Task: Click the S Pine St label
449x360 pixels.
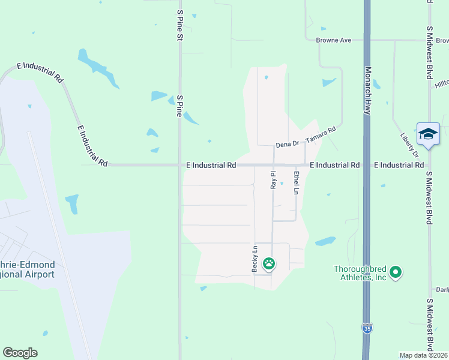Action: [x=179, y=25]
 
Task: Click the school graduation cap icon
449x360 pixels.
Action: [x=428, y=134]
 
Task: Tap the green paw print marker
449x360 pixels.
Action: [x=268, y=263]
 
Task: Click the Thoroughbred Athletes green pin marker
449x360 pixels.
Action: [x=395, y=273]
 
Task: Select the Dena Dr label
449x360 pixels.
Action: [x=287, y=145]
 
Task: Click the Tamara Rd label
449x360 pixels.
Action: [x=320, y=135]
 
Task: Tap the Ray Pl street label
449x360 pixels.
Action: [x=273, y=180]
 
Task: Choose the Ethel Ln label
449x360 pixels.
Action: [x=296, y=182]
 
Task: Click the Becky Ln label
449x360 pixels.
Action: [x=255, y=259]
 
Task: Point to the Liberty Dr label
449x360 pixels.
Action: [x=409, y=145]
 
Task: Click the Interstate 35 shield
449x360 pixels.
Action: [x=366, y=328]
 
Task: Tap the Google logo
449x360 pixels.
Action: [x=20, y=353]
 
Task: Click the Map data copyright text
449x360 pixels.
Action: [x=423, y=355]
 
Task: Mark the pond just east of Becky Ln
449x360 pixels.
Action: [x=325, y=241]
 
